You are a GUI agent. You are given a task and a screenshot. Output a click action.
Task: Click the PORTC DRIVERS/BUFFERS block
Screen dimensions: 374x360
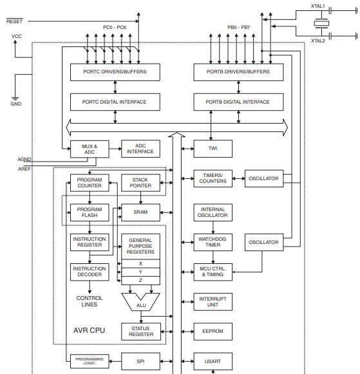115,71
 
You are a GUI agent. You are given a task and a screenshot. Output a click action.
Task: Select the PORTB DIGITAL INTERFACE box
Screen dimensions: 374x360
238,102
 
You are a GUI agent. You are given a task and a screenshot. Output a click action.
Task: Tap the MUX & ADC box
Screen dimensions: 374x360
90,149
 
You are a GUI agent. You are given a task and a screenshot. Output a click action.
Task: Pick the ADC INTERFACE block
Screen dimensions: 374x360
140,149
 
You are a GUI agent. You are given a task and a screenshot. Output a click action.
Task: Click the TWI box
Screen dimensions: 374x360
213,149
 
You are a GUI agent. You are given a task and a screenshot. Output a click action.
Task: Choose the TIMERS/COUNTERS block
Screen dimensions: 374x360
213,178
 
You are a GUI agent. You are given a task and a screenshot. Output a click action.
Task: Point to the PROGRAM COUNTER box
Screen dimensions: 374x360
90,182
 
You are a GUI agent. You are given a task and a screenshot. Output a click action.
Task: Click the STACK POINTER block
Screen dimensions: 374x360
140,182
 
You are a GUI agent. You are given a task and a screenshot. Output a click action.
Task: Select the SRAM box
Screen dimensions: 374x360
140,212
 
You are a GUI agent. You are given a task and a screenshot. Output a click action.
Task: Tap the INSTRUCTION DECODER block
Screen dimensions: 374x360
90,272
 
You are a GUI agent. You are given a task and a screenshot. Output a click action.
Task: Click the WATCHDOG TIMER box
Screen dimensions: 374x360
213,243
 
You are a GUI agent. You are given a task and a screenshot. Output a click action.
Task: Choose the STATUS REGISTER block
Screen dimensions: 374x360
140,331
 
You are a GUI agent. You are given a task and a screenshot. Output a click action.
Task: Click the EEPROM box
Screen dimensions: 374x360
213,331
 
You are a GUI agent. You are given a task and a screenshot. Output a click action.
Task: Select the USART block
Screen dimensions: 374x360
213,361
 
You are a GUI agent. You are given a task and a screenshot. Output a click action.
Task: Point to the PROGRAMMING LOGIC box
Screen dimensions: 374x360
90,361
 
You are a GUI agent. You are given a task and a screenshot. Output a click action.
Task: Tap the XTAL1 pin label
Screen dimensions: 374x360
317,6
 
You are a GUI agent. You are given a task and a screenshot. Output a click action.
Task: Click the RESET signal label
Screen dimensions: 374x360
14,21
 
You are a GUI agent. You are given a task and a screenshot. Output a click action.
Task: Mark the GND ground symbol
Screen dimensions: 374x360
15,100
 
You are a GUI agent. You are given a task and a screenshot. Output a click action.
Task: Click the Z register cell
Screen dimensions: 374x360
140,281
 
